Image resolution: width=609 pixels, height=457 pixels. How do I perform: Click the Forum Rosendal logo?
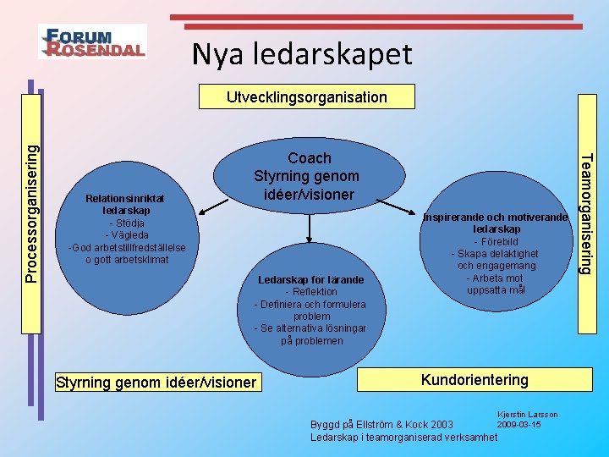pyautogui.click(x=92, y=41)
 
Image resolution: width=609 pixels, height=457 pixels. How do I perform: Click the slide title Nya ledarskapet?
pyautogui.click(x=302, y=54)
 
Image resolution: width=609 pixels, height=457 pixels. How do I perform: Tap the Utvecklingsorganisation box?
pyautogui.click(x=306, y=97)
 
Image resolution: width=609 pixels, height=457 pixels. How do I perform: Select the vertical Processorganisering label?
pyautogui.click(x=30, y=212)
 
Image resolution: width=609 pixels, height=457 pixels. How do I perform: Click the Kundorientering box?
pyautogui.click(x=474, y=380)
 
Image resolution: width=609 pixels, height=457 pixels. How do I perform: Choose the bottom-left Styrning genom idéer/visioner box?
pyautogui.click(x=155, y=383)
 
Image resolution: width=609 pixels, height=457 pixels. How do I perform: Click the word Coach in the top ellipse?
pyautogui.click(x=310, y=158)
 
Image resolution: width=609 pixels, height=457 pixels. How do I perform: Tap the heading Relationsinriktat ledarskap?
pyautogui.click(x=126, y=204)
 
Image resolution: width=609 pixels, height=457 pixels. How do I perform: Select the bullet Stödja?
pyautogui.click(x=126, y=223)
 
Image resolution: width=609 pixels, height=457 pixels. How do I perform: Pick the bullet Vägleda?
pyautogui.click(x=126, y=234)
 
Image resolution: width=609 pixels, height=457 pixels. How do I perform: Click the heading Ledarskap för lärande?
pyautogui.click(x=311, y=280)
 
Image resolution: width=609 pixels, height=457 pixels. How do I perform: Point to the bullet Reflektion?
pyautogui.click(x=311, y=292)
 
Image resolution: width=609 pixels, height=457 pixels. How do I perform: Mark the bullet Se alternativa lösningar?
pyautogui.click(x=311, y=328)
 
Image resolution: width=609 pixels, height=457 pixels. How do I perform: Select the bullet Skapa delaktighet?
pyautogui.click(x=495, y=254)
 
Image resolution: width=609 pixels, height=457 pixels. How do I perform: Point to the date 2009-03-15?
pyautogui.click(x=518, y=424)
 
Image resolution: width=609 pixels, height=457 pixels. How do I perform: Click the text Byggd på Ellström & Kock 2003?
pyautogui.click(x=381, y=424)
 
